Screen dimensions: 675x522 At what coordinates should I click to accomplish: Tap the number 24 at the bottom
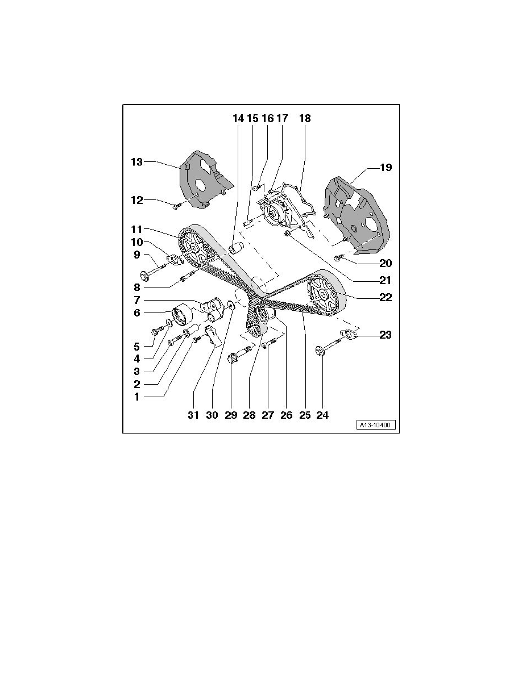322,415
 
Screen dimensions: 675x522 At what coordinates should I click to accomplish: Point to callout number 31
193,415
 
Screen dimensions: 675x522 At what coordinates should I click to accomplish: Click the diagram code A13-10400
376,425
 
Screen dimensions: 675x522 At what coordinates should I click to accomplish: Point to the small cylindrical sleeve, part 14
235,248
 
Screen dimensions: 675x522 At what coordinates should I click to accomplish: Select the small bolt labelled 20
339,259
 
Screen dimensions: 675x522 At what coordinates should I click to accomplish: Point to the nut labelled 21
288,234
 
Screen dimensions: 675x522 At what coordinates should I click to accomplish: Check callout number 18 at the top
305,119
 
